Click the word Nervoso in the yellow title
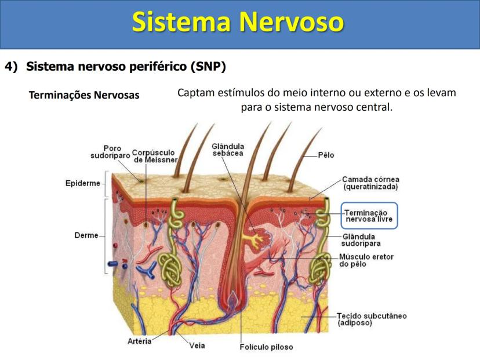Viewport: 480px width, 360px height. tap(291, 21)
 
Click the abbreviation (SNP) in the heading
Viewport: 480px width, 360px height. tap(208, 67)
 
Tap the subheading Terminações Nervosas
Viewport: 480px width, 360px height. tap(84, 95)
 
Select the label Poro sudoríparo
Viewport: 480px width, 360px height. tap(111, 152)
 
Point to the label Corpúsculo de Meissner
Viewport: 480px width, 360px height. tap(155, 156)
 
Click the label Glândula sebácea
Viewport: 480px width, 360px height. tap(228, 150)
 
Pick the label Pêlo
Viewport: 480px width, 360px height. tap(326, 155)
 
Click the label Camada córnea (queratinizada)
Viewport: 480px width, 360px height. tap(370, 183)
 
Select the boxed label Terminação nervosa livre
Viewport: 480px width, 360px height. tap(369, 216)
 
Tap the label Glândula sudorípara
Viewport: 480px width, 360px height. tap(361, 240)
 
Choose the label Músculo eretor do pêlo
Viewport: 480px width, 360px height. tap(366, 260)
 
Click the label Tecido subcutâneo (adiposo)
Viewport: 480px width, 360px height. tap(372, 319)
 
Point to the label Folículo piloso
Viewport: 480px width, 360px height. tap(266, 347)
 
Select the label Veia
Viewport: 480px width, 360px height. tap(197, 346)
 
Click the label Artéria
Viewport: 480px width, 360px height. tap(140, 341)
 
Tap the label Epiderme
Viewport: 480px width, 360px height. tap(83, 183)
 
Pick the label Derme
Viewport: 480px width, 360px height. tap(86, 235)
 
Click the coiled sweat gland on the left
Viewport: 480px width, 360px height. tap(170, 270)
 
